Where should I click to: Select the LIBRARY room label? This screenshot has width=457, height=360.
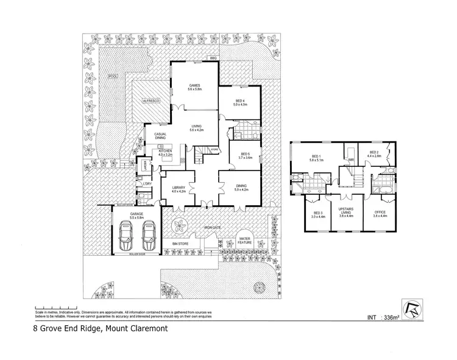point(178,188)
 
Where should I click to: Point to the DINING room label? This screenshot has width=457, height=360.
point(241,188)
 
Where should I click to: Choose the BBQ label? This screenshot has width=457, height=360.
point(213,58)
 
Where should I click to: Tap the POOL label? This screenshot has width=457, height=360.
point(112,76)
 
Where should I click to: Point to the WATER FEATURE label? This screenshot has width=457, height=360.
point(246,240)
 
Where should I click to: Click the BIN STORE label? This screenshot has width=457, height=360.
point(180,244)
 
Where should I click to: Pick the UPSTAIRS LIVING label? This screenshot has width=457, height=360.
point(345,213)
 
